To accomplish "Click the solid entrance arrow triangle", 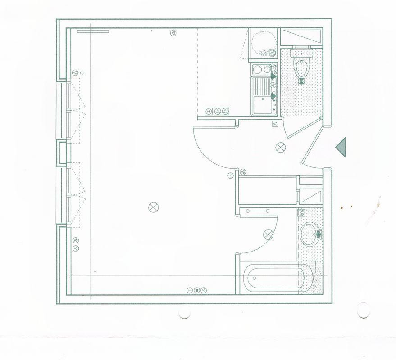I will [341, 148].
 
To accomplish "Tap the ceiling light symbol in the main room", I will [153, 207].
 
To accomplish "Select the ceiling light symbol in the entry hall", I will [281, 147].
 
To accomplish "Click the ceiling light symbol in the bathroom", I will [269, 234].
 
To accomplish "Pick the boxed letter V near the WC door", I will [275, 123].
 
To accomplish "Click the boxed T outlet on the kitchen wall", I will [209, 111].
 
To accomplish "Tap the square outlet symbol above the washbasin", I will [301, 212].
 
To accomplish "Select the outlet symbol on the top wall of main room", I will [173, 32].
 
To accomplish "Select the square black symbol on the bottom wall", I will [196, 290].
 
